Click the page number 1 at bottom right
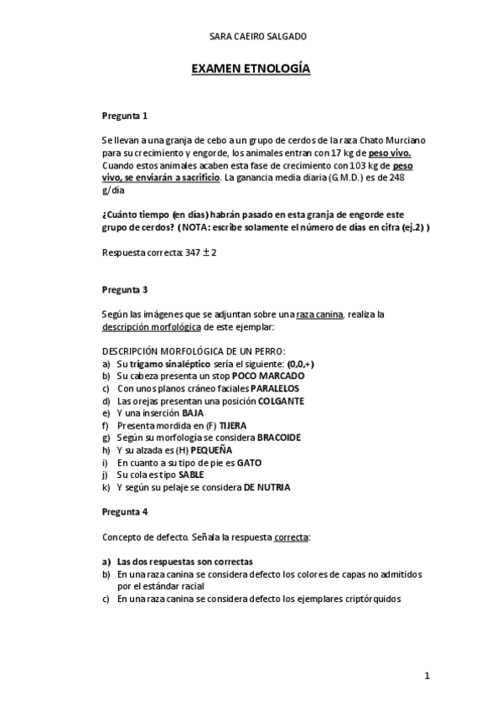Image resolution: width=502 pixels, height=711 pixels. coord(427,676)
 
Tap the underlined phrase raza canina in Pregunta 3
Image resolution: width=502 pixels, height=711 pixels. coord(324,314)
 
